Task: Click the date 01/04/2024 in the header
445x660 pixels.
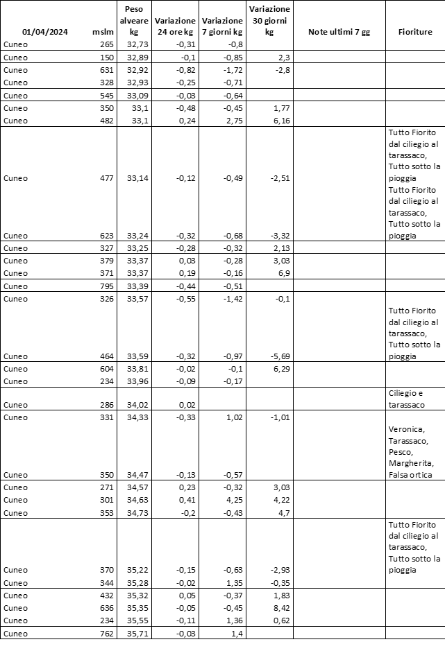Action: pos(44,32)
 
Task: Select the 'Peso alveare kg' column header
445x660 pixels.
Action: pos(135,21)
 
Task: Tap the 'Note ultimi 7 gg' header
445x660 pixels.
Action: pos(339,32)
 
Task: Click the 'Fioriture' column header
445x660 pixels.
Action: pos(415,32)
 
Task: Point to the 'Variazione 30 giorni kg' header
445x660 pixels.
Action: pos(269,21)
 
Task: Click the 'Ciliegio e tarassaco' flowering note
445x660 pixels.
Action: pos(410,399)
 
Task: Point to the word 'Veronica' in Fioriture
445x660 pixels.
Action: pos(408,428)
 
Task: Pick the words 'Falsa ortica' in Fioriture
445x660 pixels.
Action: pos(412,474)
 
